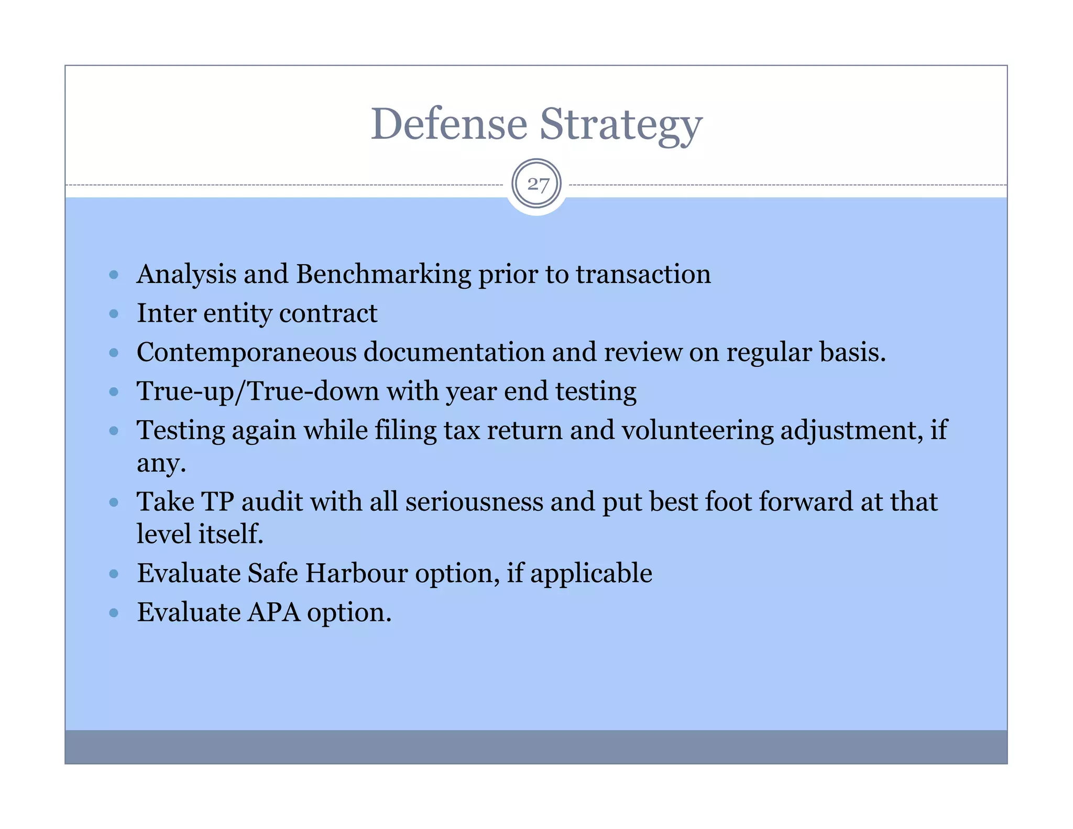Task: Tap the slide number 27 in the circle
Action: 538,184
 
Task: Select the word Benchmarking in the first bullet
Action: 384,275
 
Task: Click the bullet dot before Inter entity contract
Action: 114,314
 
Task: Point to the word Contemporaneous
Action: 246,352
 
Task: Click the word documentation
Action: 454,352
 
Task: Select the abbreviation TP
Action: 217,502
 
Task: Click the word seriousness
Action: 474,502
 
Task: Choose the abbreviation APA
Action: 273,613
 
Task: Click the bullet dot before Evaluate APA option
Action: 114,613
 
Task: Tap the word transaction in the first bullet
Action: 643,275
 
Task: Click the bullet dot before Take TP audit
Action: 114,503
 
